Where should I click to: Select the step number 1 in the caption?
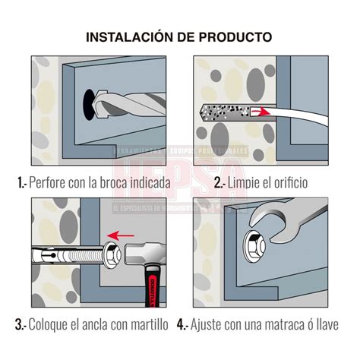click(x=19, y=182)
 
